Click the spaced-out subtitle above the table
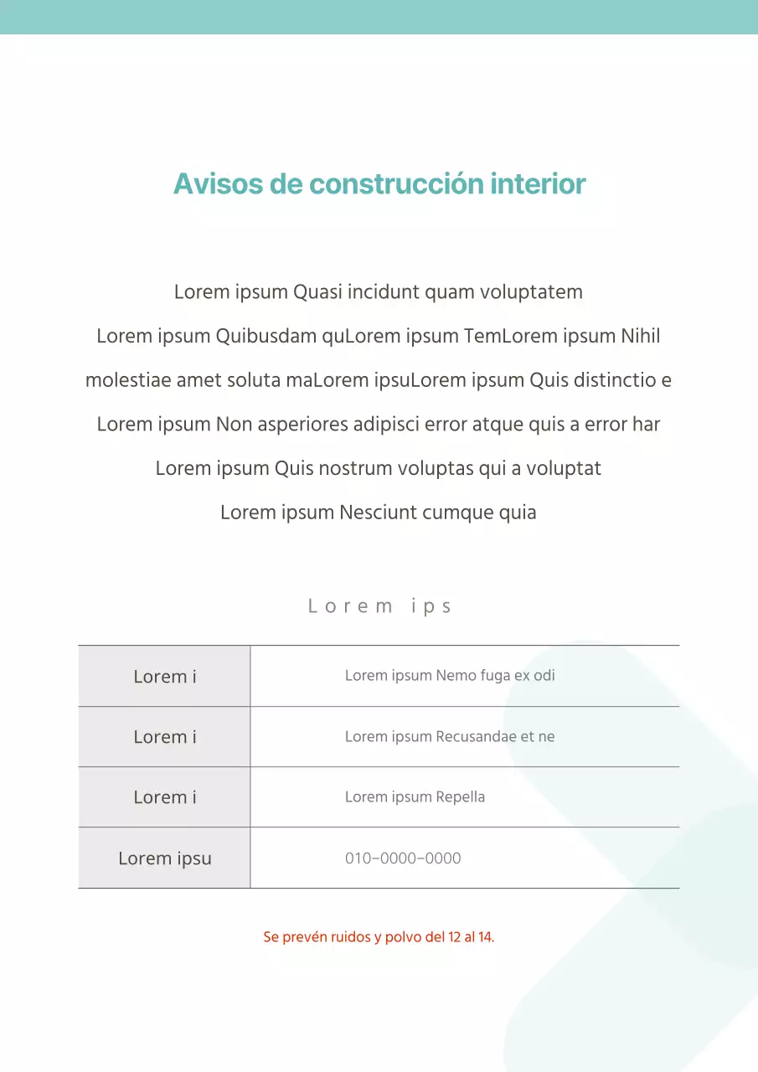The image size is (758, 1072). (379, 606)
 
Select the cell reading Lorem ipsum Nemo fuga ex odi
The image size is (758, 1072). (450, 676)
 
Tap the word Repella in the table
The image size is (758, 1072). (460, 797)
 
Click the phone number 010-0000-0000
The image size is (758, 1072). (403, 858)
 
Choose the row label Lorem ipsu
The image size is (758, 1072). (165, 858)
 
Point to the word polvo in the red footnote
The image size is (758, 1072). (404, 937)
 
